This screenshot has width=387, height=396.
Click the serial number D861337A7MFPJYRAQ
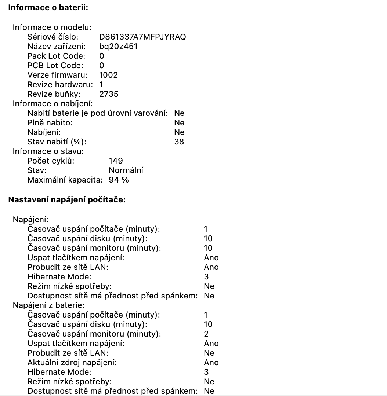coord(142,37)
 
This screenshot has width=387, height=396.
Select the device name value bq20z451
coord(119,47)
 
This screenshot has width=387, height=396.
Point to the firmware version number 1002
coord(109,75)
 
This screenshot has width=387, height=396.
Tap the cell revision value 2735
coord(109,94)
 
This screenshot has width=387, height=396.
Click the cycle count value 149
coord(116,161)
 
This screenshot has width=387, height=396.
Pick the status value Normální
coord(126,170)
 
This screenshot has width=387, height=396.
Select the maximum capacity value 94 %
coord(119,180)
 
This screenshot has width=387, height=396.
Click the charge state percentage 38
coord(179,142)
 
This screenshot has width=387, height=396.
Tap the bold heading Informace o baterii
coord(48,8)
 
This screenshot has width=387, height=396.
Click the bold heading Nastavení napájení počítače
coord(67,200)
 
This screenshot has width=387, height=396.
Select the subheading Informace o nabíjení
coord(53,103)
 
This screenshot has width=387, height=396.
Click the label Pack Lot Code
coord(56,56)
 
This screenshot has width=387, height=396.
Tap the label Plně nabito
coord(50,122)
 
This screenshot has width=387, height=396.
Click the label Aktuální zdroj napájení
coord(72,362)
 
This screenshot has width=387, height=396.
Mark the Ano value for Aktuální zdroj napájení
coord(211,362)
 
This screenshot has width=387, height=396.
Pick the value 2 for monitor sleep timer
coord(206,334)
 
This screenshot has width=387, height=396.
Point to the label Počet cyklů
coord(51,161)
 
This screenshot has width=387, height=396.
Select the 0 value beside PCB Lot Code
coord(102,66)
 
